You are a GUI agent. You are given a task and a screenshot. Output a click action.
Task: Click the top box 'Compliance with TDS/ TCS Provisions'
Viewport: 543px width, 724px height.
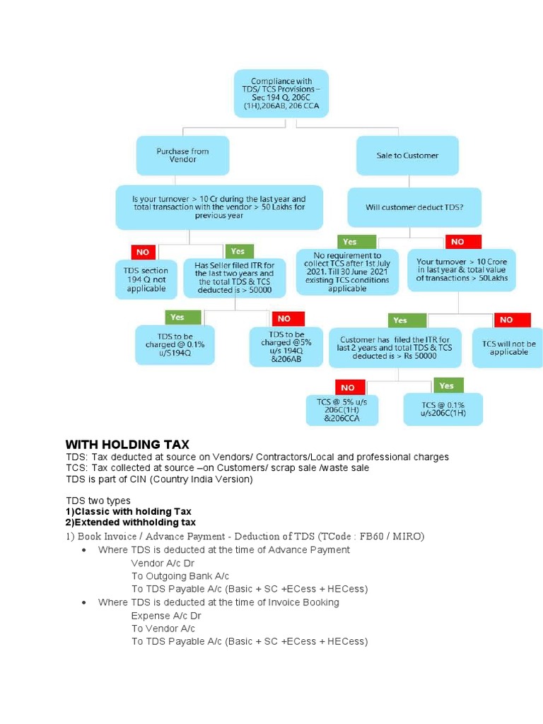(x=281, y=93)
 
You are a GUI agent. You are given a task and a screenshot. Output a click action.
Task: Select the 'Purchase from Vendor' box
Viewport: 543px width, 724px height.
(x=182, y=156)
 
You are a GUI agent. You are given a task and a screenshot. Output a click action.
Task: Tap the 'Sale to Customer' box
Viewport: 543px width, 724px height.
(x=407, y=156)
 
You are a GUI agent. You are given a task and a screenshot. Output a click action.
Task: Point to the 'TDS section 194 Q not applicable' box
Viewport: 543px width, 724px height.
(x=146, y=279)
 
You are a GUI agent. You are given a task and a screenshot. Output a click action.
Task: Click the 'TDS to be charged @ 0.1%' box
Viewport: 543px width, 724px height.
(x=175, y=344)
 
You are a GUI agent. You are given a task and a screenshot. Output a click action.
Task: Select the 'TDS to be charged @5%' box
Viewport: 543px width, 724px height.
(x=286, y=346)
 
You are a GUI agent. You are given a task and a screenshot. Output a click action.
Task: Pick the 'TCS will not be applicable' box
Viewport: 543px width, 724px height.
(x=508, y=348)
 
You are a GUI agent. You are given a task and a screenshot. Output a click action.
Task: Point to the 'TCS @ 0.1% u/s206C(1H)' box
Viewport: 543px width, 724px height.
(x=443, y=409)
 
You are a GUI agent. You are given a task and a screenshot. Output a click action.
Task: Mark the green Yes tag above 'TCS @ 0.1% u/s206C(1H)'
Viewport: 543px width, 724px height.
(x=445, y=385)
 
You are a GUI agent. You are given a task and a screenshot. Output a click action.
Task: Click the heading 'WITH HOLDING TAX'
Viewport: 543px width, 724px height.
(x=127, y=445)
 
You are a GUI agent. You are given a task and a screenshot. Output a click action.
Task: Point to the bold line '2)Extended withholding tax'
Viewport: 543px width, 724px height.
(x=130, y=522)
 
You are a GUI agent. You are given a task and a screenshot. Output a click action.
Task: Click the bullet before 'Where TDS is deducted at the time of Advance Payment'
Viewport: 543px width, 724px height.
(x=84, y=550)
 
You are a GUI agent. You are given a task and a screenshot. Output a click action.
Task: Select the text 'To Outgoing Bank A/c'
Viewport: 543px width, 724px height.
(x=180, y=576)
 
